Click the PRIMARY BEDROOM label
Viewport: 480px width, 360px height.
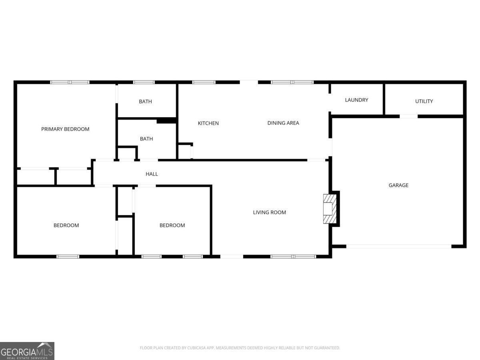click(x=65, y=129)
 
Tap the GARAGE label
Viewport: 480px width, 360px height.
click(x=398, y=185)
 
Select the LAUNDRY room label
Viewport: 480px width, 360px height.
click(x=356, y=100)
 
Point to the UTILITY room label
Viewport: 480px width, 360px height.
click(x=424, y=101)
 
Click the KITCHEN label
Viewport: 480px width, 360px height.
click(x=208, y=123)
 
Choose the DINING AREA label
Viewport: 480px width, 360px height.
click(x=283, y=123)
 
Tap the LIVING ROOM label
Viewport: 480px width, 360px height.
click(x=269, y=212)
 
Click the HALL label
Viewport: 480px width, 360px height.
click(x=152, y=174)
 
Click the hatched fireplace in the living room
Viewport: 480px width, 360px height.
click(x=330, y=209)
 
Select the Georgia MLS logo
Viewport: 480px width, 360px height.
click(x=27, y=351)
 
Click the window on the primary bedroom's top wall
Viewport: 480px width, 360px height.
click(x=70, y=82)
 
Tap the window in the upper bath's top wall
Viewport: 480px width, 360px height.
click(x=144, y=82)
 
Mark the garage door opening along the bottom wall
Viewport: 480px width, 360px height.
click(x=399, y=246)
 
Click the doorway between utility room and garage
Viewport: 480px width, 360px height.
click(x=408, y=116)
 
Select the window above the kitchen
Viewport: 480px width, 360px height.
click(x=204, y=82)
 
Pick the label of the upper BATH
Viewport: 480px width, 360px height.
click(x=145, y=102)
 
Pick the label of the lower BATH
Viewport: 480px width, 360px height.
click(x=146, y=139)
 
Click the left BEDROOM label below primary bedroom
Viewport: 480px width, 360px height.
click(x=66, y=225)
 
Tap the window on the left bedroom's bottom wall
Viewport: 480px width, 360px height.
click(x=68, y=256)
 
